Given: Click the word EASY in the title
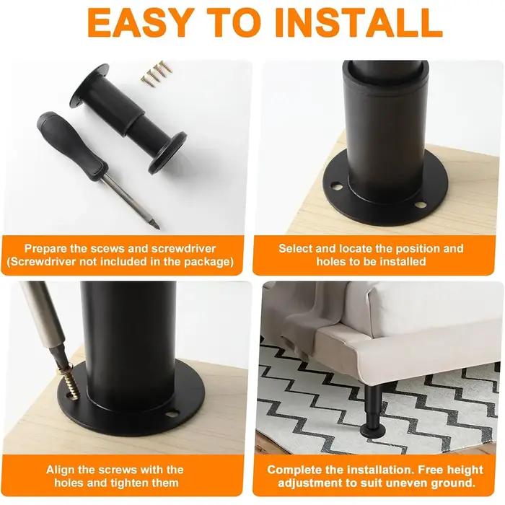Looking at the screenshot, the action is coord(141,22).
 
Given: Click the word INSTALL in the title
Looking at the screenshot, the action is coord(359,22).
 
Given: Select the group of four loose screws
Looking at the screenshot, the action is coord(157,74).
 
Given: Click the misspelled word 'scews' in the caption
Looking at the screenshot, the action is coord(108,249).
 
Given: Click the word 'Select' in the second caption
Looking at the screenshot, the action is coord(295,249).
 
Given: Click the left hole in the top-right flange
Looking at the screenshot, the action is coord(336,185).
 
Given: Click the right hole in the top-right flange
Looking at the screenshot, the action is coord(421,204).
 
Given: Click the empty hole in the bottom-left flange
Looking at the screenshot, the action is coord(173,412).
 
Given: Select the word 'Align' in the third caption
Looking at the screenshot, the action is coord(61,470).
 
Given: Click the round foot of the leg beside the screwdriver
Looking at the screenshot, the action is coord(168,152).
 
